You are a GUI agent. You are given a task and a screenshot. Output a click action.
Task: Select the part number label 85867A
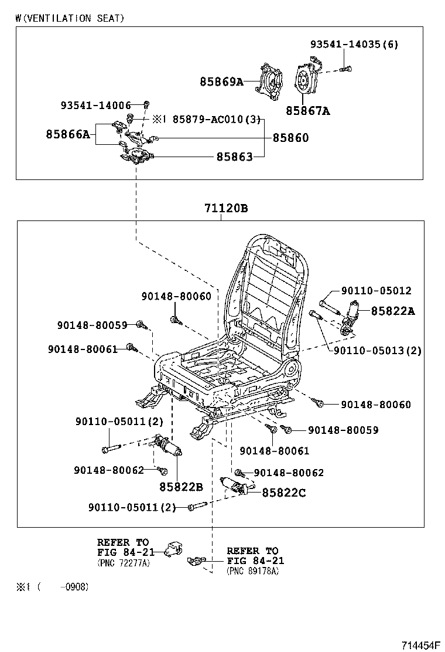pyautogui.click(x=308, y=110)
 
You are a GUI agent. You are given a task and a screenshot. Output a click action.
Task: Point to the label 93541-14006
pyautogui.click(x=95, y=106)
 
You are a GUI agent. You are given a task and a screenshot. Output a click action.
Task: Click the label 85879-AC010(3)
pyautogui.click(x=215, y=119)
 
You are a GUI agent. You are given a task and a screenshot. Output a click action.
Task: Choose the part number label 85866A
pyautogui.click(x=68, y=134)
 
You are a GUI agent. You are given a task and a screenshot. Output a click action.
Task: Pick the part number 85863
pyautogui.click(x=234, y=157)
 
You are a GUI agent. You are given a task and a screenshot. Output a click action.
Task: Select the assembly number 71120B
pyautogui.click(x=226, y=208)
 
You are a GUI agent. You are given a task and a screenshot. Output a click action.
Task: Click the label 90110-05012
pyautogui.click(x=376, y=291)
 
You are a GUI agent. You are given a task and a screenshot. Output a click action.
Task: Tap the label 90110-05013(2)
pyautogui.click(x=377, y=351)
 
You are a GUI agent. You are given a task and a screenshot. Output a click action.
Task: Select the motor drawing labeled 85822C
pyautogui.click(x=235, y=485)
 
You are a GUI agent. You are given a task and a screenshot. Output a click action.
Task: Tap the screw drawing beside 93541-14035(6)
pyautogui.click(x=345, y=69)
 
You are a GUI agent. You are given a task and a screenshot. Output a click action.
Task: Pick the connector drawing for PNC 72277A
pyautogui.click(x=172, y=549)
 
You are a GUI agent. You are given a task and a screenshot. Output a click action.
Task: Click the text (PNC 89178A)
pyautogui.click(x=252, y=571)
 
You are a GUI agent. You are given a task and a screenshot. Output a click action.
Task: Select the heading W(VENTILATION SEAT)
pyautogui.click(x=70, y=18)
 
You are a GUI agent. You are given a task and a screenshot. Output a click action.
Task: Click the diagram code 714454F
pyautogui.click(x=420, y=644)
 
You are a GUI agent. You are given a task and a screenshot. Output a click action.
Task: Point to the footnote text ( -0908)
pyautogui.click(x=64, y=587)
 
